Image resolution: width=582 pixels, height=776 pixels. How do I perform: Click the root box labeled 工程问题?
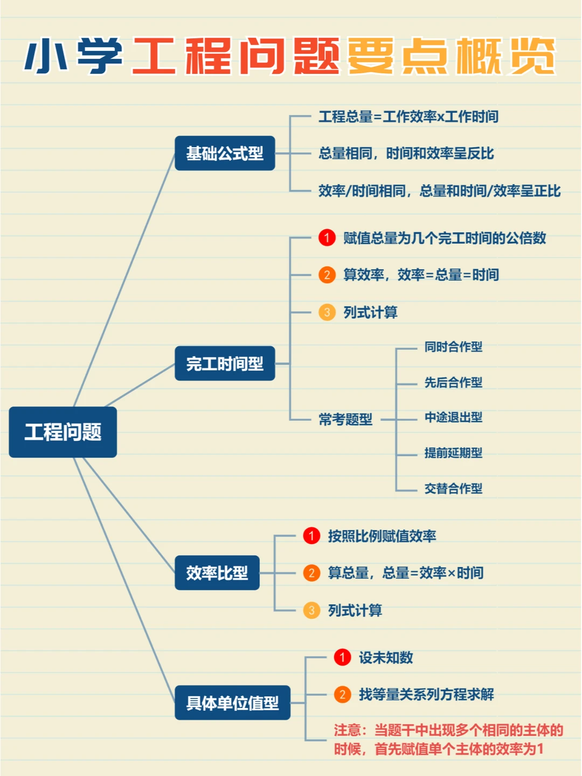click(63, 432)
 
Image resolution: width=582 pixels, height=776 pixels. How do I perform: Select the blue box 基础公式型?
click(225, 154)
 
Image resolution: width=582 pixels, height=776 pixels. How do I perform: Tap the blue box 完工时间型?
click(225, 364)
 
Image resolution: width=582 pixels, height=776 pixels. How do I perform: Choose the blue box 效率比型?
click(217, 573)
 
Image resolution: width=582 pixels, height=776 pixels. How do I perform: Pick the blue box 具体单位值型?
click(232, 703)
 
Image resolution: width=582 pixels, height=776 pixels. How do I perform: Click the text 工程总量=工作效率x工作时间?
click(408, 116)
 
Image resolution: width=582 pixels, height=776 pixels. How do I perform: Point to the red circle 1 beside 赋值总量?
click(327, 238)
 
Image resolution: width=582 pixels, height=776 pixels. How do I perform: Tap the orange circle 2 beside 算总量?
click(311, 573)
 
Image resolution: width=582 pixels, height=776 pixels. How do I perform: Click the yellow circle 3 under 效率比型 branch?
click(311, 610)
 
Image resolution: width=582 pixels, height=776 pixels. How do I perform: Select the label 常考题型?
click(345, 419)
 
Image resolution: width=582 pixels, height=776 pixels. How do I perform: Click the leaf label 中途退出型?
click(453, 417)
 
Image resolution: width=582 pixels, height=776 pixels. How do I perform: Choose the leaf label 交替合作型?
click(453, 488)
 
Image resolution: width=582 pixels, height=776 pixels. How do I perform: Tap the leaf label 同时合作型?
click(453, 347)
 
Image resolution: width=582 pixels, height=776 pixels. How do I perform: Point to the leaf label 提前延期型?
click(453, 453)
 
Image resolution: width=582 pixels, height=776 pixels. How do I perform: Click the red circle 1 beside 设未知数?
click(342, 657)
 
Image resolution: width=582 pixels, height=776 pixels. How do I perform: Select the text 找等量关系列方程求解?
click(426, 695)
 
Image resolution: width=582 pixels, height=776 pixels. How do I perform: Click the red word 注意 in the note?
click(347, 730)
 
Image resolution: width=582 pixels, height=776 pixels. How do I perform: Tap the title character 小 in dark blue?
click(46, 56)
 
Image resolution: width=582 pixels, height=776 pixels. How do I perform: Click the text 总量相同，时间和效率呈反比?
click(406, 154)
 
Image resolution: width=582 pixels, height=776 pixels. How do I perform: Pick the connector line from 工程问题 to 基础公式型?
click(124, 280)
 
